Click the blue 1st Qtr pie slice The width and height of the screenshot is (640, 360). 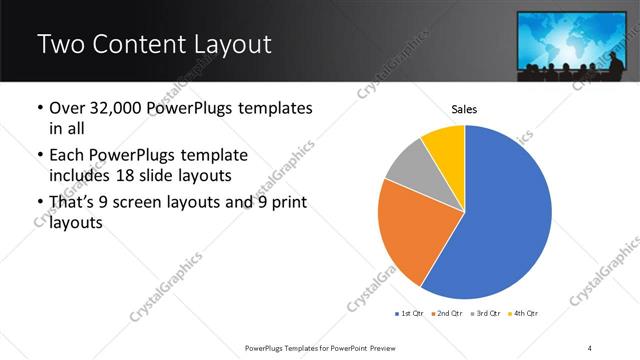click(x=500, y=215)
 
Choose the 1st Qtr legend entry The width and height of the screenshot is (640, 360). click(x=409, y=313)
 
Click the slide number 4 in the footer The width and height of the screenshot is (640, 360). click(x=590, y=347)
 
